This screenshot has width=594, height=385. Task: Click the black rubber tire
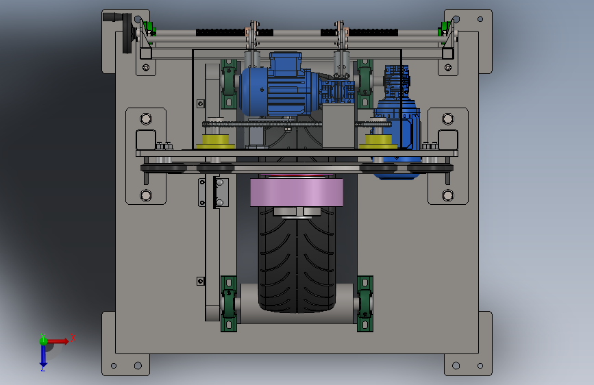pyautogui.click(x=297, y=262)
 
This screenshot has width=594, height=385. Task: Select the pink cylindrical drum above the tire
pyautogui.click(x=297, y=192)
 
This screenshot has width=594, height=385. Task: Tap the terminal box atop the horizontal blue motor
pyautogui.click(x=286, y=61)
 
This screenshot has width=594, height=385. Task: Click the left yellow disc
pyautogui.click(x=216, y=141)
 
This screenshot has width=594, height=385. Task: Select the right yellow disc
pyautogui.click(x=378, y=141)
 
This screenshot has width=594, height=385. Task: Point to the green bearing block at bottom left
pyautogui.click(x=229, y=304)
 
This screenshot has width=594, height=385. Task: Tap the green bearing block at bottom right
pyautogui.click(x=364, y=304)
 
